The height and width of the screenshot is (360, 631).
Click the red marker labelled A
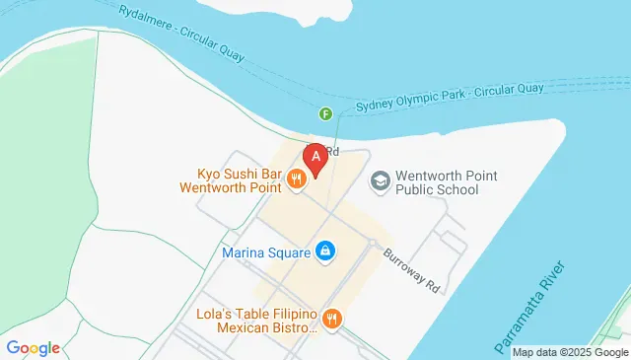coord(315,158)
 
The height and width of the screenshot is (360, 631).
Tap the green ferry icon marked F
coord(325,114)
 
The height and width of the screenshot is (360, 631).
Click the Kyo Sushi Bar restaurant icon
coord(295,178)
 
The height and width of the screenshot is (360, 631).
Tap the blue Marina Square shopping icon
coord(324,252)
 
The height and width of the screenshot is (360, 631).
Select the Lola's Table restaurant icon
coord(330,319)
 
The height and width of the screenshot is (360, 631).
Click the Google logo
coord(33,347)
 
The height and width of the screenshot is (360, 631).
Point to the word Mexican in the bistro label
coord(245,326)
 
